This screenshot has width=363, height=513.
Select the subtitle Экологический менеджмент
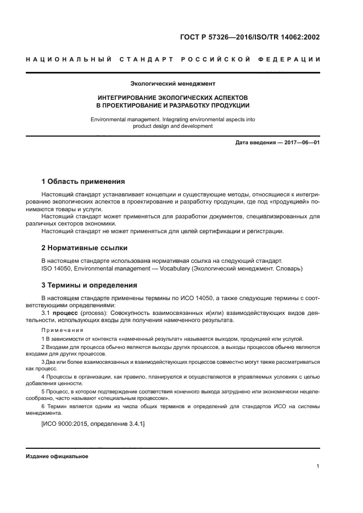172,84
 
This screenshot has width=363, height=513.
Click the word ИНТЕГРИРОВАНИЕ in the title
128,97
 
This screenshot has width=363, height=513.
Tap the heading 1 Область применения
83,182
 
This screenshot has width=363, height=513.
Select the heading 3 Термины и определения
90,285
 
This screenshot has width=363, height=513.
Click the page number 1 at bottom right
318,466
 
